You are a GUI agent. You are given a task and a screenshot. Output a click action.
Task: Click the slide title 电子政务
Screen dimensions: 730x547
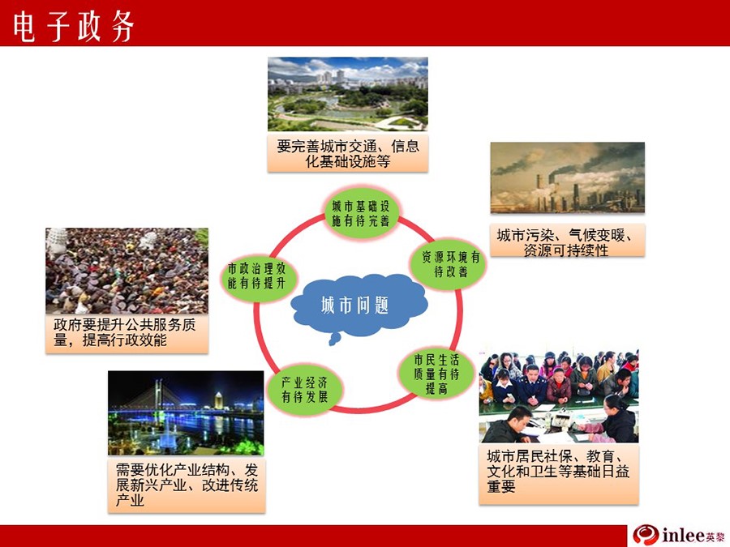click(x=73, y=26)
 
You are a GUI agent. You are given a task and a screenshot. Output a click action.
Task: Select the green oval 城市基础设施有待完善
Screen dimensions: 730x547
click(x=361, y=213)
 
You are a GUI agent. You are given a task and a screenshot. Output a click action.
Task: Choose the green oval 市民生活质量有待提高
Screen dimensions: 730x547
click(x=436, y=374)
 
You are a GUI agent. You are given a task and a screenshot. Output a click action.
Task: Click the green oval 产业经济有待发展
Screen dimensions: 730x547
click(x=304, y=390)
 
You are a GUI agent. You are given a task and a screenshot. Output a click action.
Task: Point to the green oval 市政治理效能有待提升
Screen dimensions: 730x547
click(x=257, y=276)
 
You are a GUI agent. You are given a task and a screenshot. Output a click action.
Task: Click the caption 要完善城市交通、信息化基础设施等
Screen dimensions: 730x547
click(x=348, y=153)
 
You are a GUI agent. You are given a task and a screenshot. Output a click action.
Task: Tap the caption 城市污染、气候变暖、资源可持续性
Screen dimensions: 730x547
click(x=568, y=240)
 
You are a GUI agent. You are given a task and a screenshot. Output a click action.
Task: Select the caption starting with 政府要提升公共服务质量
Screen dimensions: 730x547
click(x=127, y=334)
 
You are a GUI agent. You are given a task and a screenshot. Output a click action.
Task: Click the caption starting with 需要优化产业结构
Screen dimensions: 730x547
click(x=187, y=485)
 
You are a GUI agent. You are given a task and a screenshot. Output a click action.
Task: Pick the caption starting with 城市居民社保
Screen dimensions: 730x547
click(x=559, y=474)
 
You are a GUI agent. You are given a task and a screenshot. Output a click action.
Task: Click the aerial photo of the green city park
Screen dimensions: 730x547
click(x=348, y=94)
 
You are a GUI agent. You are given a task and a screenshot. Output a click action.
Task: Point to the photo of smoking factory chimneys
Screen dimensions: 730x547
click(x=568, y=177)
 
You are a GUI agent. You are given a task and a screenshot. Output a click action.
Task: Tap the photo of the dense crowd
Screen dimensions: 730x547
click(x=127, y=271)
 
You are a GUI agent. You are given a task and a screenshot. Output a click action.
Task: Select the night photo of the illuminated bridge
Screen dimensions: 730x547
click(x=186, y=412)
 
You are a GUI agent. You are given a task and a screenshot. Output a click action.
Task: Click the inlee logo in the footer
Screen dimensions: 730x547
click(x=678, y=535)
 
